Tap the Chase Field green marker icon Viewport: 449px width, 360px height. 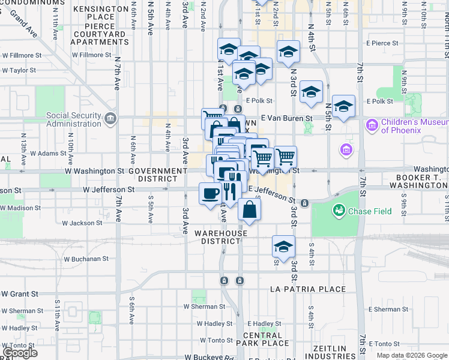(x=340, y=211)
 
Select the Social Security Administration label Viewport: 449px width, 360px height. (x=66, y=119)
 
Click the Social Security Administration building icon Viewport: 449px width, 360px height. (x=110, y=118)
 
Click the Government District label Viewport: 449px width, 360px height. (x=162, y=175)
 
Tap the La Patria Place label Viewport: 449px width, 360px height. (x=308, y=289)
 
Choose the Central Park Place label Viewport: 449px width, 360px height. (x=267, y=339)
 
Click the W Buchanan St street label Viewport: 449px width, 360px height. (x=86, y=259)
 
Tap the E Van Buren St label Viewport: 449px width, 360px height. (x=286, y=119)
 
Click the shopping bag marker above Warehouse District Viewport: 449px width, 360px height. (x=250, y=210)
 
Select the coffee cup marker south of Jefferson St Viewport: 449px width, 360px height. (x=210, y=194)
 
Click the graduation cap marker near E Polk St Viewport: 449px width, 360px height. (x=311, y=92)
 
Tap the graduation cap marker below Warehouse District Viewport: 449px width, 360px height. (x=283, y=246)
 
